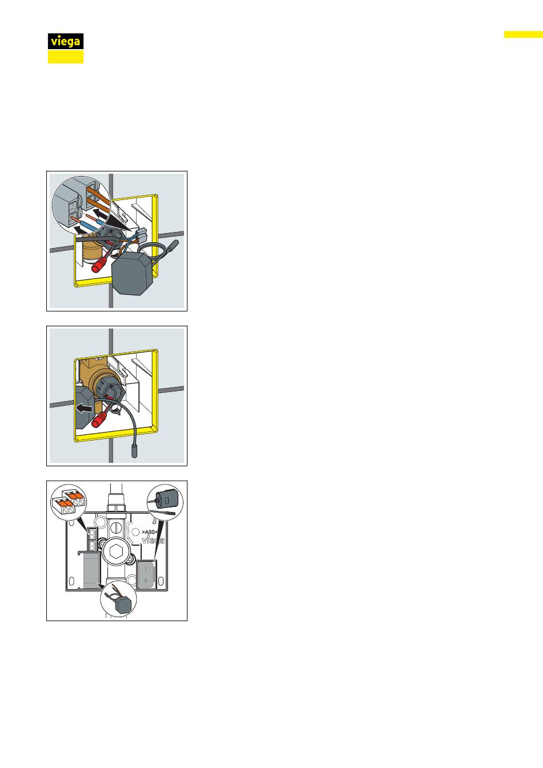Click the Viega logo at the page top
66,49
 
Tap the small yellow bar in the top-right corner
524,34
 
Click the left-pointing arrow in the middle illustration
84,409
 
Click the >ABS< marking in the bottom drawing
150,532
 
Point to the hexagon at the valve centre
115,552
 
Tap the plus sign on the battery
146,580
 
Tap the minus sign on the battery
145,569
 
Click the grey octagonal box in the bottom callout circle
123,606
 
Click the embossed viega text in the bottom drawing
153,541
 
